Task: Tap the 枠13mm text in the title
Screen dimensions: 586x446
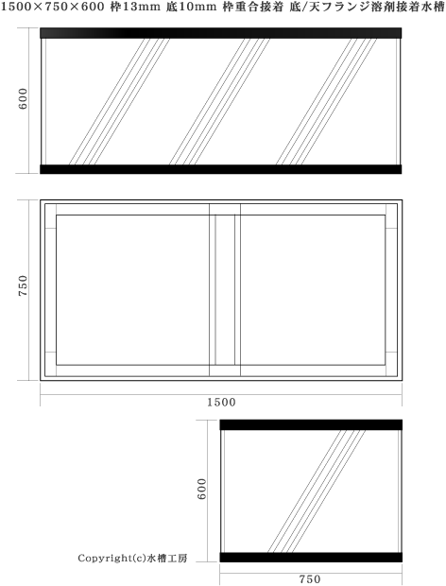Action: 146,8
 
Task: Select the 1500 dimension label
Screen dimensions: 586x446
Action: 222,402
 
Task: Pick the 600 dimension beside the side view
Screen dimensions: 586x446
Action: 201,489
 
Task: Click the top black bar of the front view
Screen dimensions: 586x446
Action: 222,33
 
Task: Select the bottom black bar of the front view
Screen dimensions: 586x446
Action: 222,169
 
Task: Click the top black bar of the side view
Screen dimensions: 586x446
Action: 311,424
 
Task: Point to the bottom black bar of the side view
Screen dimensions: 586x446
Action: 311,557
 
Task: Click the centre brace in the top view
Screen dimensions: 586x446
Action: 224,290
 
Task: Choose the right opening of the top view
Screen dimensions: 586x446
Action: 313,290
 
